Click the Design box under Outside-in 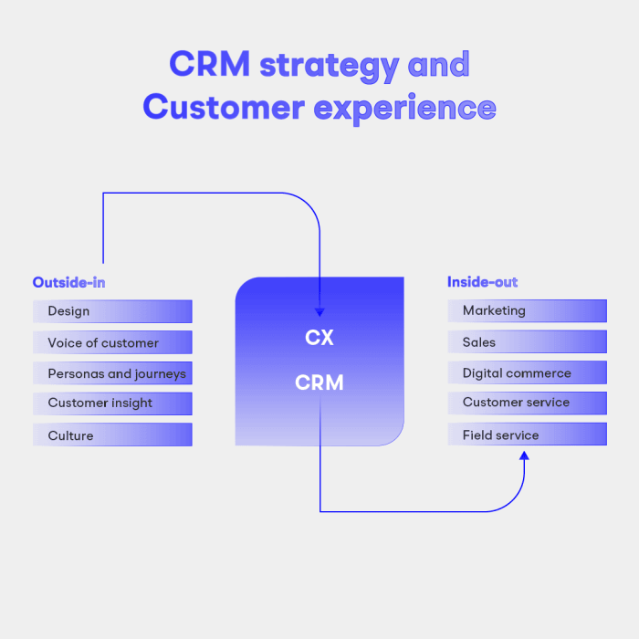(x=112, y=311)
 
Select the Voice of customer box (x=112, y=343)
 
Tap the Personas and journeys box (x=112, y=373)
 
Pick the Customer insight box (x=112, y=403)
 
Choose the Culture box (x=112, y=435)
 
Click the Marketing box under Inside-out (x=527, y=311)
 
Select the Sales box (x=527, y=342)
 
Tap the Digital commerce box (x=527, y=373)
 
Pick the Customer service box (x=527, y=403)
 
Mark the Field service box (x=527, y=435)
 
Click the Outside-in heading (x=68, y=282)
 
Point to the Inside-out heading (x=482, y=282)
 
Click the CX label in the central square (x=319, y=338)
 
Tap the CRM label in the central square (x=319, y=383)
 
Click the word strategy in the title (x=330, y=66)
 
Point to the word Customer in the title (x=224, y=108)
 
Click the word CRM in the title (x=210, y=65)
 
